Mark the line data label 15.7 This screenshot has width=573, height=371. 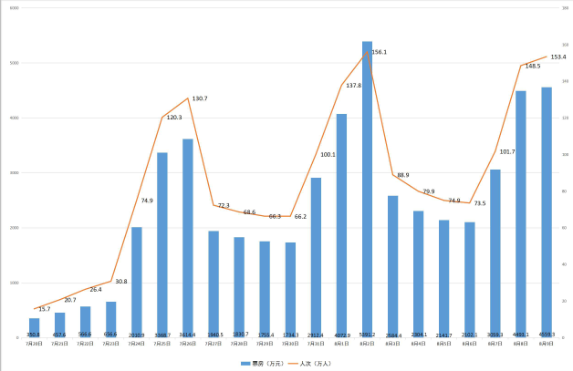pos(45,309)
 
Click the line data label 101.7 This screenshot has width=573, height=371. pos(508,151)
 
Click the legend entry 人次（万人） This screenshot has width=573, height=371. pos(313,363)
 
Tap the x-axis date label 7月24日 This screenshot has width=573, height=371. pos(136,344)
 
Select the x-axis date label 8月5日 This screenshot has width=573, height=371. pos(443,344)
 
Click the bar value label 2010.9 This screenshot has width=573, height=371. pos(136,335)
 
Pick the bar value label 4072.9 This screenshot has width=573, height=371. pos(341,335)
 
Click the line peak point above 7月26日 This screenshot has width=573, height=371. pos(188,98)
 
